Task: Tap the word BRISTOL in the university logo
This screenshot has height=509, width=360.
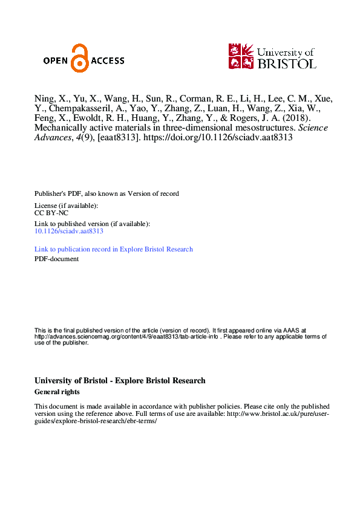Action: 286,63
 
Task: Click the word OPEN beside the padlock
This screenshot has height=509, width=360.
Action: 56,60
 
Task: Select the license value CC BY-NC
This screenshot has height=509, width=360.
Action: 50,213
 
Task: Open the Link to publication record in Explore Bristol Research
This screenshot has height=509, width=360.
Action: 114,249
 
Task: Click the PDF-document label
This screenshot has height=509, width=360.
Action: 56,259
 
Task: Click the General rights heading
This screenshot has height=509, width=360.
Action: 57,392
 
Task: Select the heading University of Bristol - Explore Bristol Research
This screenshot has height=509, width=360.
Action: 120,381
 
